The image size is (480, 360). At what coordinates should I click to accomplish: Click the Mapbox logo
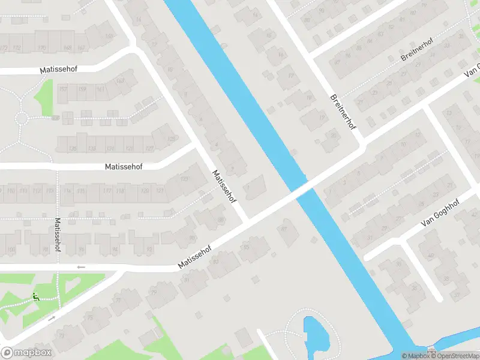click(26, 353)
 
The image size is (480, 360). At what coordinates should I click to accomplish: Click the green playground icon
click(36, 296)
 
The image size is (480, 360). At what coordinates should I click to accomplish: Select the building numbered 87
click(284, 228)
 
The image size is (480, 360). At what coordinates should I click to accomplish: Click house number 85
click(245, 247)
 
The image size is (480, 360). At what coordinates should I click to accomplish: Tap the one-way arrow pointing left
click(81, 267)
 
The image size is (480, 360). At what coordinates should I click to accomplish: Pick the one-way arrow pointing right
click(52, 318)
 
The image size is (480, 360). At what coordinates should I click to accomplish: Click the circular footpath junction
click(22, 117)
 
